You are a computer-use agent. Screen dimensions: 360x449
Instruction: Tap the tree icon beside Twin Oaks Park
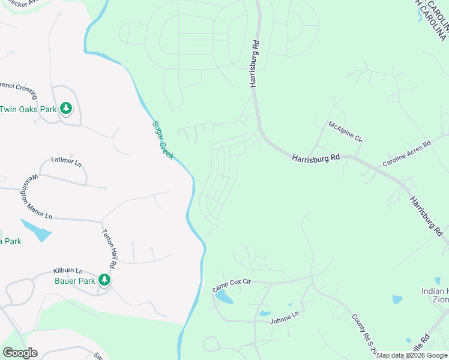tap(66, 109)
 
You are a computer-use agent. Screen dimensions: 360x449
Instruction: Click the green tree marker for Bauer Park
tap(104, 280)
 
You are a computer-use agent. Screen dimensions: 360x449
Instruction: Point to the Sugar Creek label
tap(162, 140)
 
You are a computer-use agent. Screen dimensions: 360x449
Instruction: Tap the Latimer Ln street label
tap(67, 161)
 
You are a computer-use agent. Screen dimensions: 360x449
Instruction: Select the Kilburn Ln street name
tap(67, 271)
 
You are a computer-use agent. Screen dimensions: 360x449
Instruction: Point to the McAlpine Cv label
tap(345, 131)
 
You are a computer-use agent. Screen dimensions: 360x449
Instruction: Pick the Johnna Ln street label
tap(285, 316)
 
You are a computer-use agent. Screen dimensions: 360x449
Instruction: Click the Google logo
tap(20, 353)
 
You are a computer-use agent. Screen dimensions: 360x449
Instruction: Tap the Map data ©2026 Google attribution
tap(412, 356)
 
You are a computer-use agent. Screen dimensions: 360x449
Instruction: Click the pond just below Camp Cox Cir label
tap(223, 298)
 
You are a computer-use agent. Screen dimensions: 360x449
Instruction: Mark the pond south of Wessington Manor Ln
tap(36, 230)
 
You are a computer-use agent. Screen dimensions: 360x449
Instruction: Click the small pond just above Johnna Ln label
tap(265, 313)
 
